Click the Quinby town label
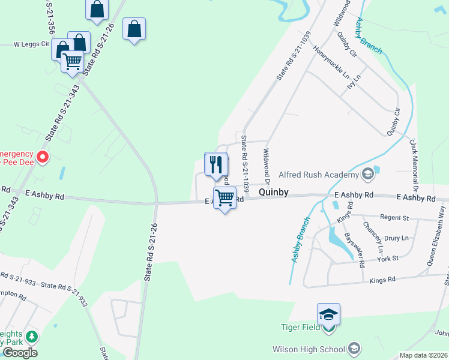pos(274,193)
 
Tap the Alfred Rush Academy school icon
pos(368,175)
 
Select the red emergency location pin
pos(43,157)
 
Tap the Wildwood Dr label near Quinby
pos(267,167)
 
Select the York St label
pos(388,258)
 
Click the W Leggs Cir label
pos(31,44)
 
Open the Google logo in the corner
pos(20,353)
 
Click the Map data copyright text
pos(423,355)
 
